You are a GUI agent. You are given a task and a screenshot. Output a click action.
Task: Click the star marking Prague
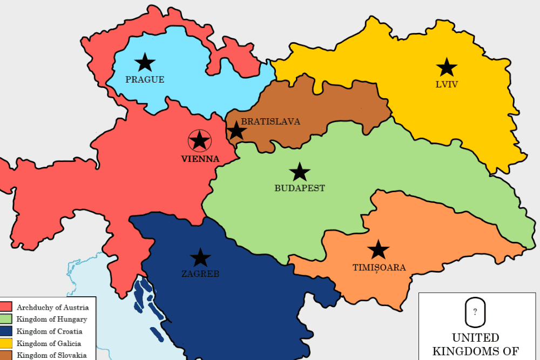145,63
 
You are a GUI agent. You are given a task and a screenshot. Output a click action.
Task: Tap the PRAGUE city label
145,80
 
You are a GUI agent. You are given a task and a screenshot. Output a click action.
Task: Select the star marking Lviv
447,67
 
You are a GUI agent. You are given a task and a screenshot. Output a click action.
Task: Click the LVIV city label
447,84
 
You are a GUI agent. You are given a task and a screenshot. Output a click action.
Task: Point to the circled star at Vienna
200,141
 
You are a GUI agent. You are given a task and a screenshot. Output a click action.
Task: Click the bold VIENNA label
200,159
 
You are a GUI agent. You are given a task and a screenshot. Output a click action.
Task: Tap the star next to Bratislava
236,131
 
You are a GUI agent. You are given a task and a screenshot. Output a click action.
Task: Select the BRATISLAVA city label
271,121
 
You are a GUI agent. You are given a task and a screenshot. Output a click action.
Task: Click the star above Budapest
300,172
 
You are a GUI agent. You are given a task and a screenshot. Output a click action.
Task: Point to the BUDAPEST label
300,188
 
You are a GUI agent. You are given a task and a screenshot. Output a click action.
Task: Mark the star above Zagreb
200,257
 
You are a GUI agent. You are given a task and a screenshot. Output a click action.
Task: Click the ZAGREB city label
200,274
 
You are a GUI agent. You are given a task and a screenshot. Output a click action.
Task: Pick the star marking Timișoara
379,249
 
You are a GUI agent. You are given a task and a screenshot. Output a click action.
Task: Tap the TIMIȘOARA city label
379,268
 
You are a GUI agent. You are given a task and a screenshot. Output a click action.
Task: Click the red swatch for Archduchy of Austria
6,307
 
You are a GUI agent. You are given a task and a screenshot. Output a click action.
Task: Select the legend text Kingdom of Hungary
52,319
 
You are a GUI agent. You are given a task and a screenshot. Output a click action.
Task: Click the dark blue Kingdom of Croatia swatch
6,331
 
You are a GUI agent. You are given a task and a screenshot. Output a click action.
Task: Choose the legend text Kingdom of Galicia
49,343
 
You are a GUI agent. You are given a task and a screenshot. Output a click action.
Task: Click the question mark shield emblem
475,312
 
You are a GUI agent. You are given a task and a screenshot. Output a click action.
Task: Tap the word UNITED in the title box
475,338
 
